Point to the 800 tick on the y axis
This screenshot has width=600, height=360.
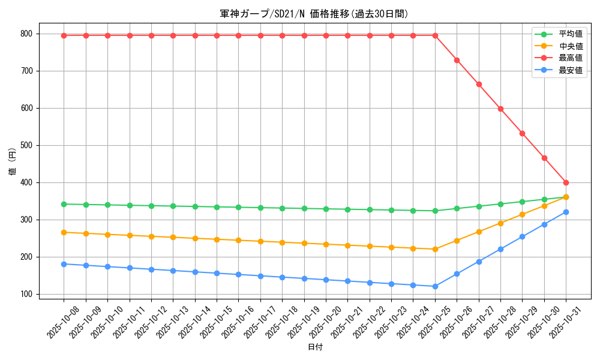tap(27, 34)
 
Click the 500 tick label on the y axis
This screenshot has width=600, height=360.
tap(27, 145)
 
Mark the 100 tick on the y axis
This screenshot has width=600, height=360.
tap(27, 294)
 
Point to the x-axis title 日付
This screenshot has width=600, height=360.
tap(315, 347)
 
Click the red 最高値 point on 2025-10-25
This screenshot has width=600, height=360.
tap(435, 35)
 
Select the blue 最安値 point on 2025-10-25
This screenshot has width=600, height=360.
tap(435, 286)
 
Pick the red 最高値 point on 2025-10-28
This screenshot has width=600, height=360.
tap(500, 109)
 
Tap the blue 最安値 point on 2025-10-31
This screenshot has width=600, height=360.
tap(566, 212)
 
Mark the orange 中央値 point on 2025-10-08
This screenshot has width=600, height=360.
tap(64, 232)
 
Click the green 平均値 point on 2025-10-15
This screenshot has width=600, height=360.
tap(217, 207)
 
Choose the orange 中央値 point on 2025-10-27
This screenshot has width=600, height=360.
tap(479, 232)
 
